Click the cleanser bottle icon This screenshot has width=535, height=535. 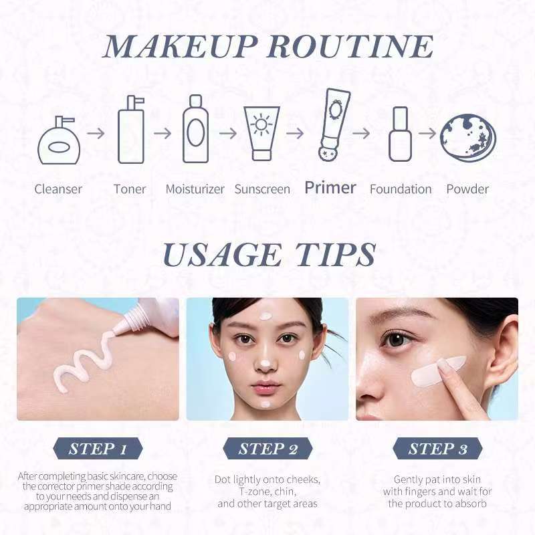pyautogui.click(x=59, y=140)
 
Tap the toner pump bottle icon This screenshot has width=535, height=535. pyautogui.click(x=131, y=130)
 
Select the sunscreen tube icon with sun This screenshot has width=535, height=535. pyautogui.click(x=261, y=133)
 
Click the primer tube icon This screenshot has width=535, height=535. pyautogui.click(x=333, y=124)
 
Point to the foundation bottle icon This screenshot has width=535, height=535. pyautogui.click(x=400, y=134)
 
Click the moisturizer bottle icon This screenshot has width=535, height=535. pyautogui.click(x=195, y=129)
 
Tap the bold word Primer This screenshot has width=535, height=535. pyautogui.click(x=330, y=188)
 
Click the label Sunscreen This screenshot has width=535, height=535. pyautogui.click(x=262, y=189)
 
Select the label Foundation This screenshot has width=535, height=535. pyautogui.click(x=401, y=189)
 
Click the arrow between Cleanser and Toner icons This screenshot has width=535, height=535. pyautogui.click(x=96, y=133)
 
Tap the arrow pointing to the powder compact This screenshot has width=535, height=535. pyautogui.click(x=427, y=133)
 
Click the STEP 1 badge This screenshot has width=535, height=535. pyautogui.click(x=98, y=448)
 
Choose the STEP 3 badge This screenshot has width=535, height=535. pyautogui.click(x=438, y=448)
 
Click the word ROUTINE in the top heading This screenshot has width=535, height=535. pyautogui.click(x=350, y=46)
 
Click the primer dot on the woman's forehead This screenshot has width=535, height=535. pyautogui.click(x=265, y=316)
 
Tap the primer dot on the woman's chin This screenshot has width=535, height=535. pyautogui.click(x=265, y=405)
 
